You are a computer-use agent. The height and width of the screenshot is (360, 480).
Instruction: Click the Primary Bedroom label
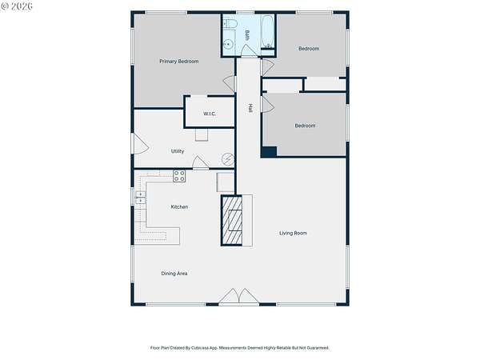coord(178,62)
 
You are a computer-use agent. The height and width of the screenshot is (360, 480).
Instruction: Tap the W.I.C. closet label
coord(210,114)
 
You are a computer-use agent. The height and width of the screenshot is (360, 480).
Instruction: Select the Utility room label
coord(178,151)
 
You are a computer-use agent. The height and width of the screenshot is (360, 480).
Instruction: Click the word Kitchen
coord(179,207)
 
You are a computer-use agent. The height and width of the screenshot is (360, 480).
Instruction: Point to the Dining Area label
coord(174,274)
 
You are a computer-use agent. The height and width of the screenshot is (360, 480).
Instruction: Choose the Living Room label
coord(293,234)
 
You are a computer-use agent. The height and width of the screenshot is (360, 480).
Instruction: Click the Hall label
coord(250,108)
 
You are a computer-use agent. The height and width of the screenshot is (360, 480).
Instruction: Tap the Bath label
coord(247,35)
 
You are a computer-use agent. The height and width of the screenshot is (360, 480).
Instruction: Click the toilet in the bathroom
coord(230,23)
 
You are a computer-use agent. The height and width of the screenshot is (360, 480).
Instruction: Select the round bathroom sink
coord(227,45)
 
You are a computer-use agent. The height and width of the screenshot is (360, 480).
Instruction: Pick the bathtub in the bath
coord(267,31)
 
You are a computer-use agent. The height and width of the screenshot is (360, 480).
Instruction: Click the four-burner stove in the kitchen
coord(179,176)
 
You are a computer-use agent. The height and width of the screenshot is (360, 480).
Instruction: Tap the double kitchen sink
coord(141,198)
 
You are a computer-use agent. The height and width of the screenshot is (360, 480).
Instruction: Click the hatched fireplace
coord(232,221)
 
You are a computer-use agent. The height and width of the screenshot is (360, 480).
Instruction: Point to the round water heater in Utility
coord(228,159)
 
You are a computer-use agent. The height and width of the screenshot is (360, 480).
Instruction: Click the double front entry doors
coord(238,296)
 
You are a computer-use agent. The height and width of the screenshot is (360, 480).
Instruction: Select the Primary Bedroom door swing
coord(230,84)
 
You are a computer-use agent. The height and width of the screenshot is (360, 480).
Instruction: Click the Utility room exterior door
coord(140,143)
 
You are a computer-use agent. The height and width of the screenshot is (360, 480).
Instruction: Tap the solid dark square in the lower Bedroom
coord(270,152)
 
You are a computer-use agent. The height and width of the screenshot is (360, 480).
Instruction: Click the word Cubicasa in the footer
coord(200,348)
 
